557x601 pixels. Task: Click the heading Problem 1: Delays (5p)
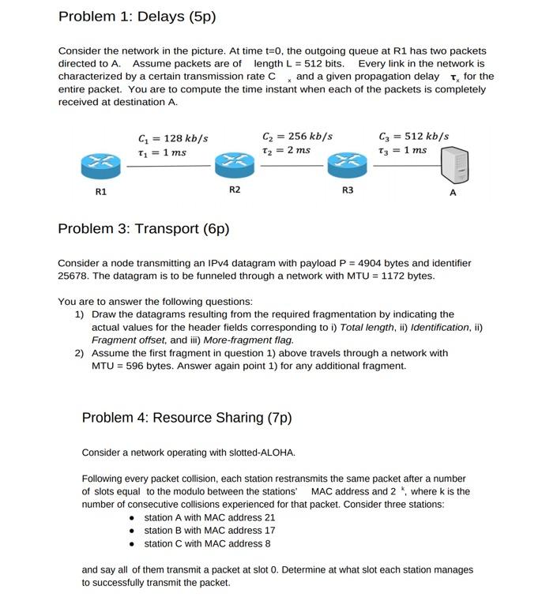137,17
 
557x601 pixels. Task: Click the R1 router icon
101,163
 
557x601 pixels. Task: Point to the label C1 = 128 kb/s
172,138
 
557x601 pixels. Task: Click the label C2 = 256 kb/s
297,136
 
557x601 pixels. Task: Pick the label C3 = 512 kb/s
413,136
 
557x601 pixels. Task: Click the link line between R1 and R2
168,166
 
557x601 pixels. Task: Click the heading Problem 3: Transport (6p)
143,229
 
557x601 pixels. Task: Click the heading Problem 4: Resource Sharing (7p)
186,418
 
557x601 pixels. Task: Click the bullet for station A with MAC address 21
133,518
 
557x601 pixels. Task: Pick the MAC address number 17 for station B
269,531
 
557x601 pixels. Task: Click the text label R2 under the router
235,190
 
